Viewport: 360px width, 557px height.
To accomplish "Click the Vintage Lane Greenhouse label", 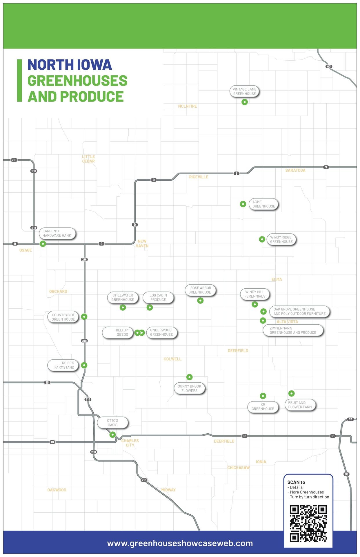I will pos(245,91).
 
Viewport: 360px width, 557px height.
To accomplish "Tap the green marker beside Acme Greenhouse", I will pos(243,204).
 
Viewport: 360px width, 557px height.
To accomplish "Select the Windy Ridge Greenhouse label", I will pos(281,240).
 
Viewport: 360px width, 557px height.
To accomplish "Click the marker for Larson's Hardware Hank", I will pos(43,244).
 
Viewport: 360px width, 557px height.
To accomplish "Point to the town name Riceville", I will pos(199,177).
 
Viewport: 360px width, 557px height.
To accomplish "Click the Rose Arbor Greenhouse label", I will pos(200,290).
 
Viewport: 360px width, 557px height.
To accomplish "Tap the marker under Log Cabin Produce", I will pos(150,308).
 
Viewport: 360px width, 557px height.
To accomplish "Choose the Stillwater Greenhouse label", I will pos(123,298).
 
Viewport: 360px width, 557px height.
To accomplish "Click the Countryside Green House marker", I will pos(84,317).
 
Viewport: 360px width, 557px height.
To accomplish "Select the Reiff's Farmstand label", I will pos(64,365).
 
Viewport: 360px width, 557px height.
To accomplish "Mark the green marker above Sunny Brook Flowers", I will pos(189,377).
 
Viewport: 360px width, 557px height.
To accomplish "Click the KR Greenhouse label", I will pos(263,407).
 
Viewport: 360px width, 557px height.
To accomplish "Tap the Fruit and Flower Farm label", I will pos(300,405).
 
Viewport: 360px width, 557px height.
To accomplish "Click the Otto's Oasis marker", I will pos(112,435).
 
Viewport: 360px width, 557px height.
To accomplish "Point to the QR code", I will pos(308,524).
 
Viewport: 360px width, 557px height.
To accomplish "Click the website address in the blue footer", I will pos(180,543).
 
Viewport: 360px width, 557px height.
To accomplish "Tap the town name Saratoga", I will pos(295,171).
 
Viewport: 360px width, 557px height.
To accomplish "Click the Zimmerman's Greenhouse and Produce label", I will pos(293,330).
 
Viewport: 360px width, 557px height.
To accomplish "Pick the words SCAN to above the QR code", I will pos(296,482).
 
